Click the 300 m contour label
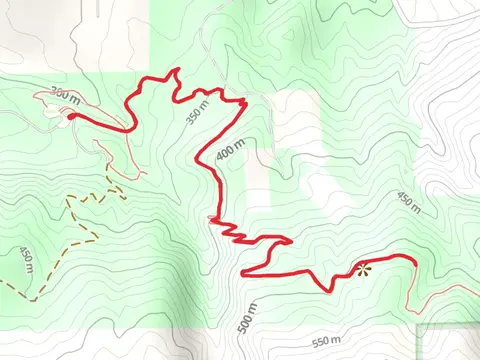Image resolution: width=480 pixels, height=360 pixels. coord(63,95)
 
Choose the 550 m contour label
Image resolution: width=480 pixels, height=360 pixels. coord(326,342)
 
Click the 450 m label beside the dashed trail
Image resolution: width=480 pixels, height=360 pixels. coord(26,259)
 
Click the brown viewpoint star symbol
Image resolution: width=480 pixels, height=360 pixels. coord(362,268)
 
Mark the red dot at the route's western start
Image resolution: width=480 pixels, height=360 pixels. coord(72,116)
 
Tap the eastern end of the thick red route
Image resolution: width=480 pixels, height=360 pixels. coord(413,260)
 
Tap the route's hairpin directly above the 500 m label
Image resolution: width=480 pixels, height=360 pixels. coord(245,269)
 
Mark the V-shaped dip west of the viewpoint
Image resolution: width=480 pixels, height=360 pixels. coord(326,290)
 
